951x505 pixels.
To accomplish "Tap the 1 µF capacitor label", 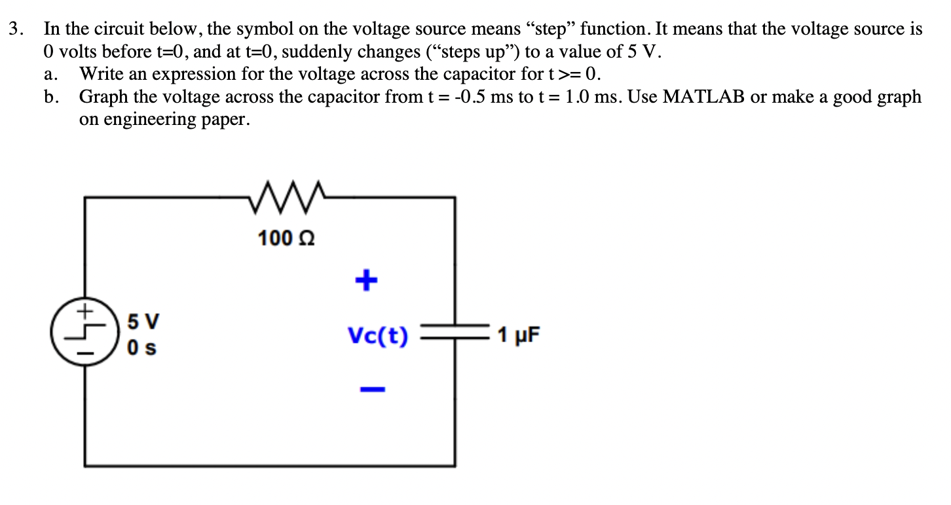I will [x=519, y=336].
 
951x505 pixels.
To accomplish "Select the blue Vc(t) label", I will [x=378, y=337].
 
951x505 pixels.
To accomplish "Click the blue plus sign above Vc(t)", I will [x=367, y=281].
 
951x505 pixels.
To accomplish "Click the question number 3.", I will [x=16, y=29].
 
